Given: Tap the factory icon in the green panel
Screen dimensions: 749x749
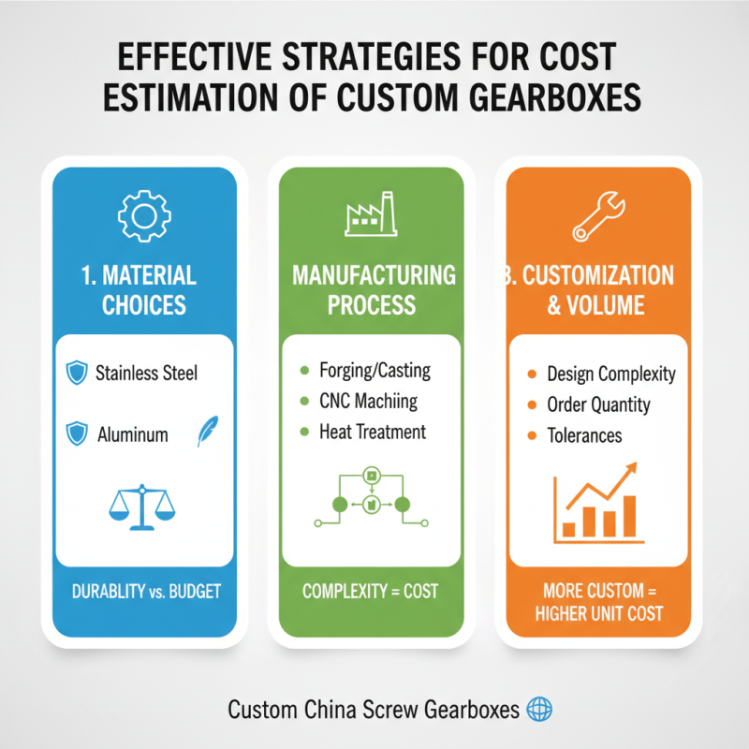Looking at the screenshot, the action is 371,214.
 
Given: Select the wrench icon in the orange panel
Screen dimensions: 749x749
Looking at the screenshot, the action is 599,216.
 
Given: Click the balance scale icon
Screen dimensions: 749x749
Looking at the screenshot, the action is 142,507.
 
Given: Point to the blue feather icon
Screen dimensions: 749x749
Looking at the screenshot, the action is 208,431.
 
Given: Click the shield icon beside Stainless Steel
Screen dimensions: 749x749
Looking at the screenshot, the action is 77,373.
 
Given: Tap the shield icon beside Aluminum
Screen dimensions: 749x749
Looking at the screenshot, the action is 77,433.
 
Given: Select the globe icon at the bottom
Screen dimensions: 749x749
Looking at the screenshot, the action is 539,709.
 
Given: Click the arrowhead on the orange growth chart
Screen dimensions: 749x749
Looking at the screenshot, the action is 631,467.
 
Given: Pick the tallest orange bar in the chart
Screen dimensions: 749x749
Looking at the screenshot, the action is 629,517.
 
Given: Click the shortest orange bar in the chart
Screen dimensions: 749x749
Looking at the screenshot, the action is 568,530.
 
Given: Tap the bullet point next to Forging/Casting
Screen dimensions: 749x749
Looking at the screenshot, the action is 304,370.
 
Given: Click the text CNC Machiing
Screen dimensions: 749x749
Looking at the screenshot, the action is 368,402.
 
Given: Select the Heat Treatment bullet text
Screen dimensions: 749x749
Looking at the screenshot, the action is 373,432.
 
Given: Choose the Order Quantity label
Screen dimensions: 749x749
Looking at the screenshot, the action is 598,404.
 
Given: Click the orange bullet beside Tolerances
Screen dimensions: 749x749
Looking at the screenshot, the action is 532,435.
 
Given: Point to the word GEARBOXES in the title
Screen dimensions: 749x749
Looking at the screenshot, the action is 554,97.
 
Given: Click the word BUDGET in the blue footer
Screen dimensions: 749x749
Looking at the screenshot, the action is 195,592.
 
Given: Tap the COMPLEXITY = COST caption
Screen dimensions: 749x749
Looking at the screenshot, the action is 370,592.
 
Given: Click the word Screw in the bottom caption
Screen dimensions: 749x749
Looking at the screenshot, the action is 389,710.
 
